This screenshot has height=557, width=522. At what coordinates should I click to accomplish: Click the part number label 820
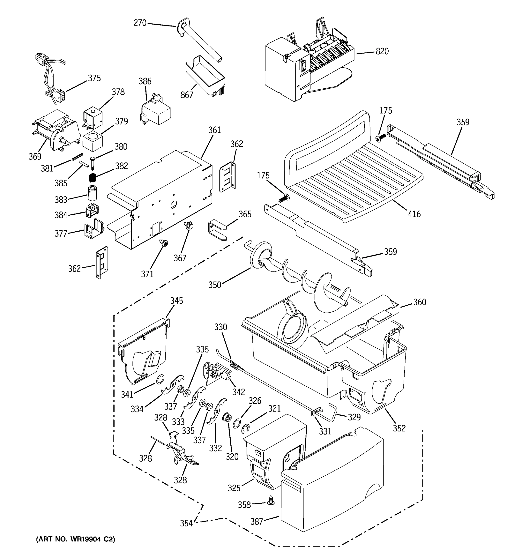coord(382,52)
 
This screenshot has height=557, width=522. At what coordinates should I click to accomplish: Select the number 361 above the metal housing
coord(215,130)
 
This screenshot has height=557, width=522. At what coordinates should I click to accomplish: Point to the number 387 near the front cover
coord(257,521)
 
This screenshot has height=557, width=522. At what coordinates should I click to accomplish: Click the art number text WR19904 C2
coord(75,539)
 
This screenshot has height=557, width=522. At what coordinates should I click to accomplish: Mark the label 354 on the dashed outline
coord(186,523)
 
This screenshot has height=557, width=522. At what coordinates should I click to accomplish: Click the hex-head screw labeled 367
coord(187,224)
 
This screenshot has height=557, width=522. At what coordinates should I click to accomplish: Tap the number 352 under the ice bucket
coord(399,428)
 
